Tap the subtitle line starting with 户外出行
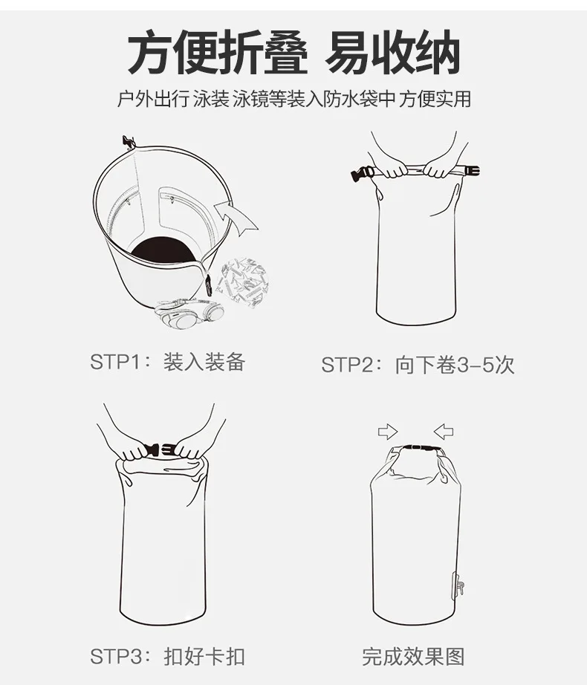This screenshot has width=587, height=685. [x=293, y=99]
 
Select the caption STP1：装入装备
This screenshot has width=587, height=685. [x=168, y=362]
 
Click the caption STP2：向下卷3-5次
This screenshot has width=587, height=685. [x=418, y=365]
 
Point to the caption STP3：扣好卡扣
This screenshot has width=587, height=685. [x=168, y=656]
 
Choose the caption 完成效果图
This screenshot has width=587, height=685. [x=413, y=656]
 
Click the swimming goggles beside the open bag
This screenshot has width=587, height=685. [x=189, y=314]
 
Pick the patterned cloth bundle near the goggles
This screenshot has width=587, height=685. [x=244, y=282]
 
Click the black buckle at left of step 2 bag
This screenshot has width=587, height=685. [x=362, y=174]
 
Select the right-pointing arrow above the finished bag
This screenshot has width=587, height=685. [x=388, y=432]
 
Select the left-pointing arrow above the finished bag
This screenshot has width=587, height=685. [x=444, y=432]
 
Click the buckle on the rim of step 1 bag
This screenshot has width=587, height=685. [x=129, y=142]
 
